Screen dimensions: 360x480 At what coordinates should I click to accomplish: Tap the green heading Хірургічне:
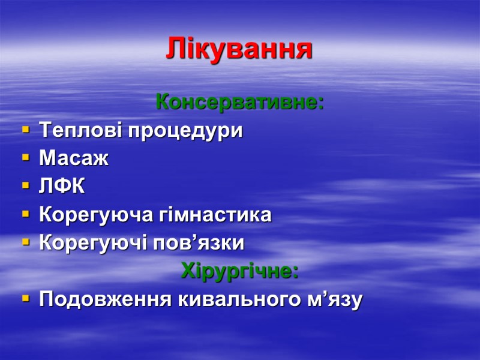[x=240, y=271]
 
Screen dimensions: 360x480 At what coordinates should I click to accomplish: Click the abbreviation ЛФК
[x=62, y=187]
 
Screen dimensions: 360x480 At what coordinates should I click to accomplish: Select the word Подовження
[x=105, y=299]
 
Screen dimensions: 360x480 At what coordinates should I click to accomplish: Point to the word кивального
[x=240, y=299]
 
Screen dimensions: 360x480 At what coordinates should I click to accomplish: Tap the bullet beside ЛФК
[x=25, y=186]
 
